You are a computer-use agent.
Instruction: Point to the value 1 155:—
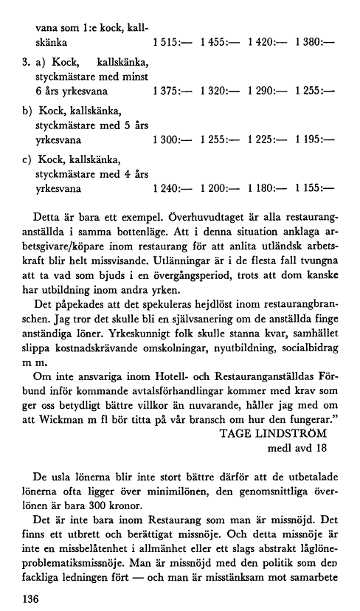[315, 187]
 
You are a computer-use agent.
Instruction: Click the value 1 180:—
[268, 187]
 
